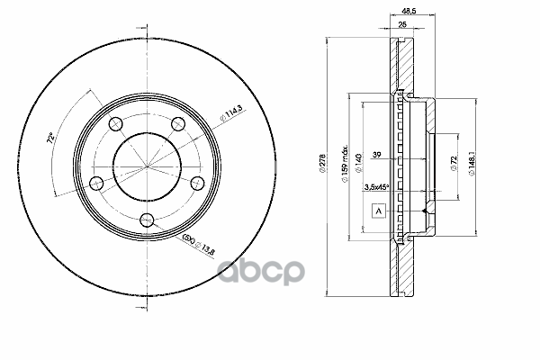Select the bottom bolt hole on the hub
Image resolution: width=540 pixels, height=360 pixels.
click(x=150, y=217)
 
